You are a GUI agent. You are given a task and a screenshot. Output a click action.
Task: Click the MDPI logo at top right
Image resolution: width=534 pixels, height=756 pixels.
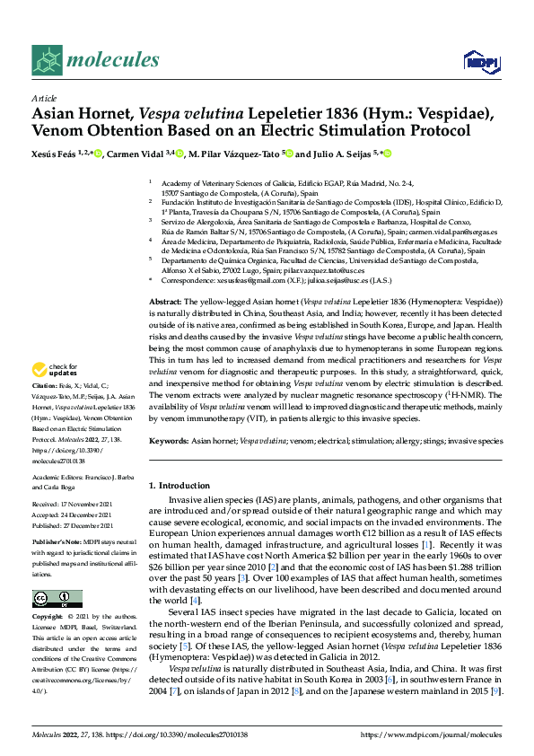click(x=477, y=61)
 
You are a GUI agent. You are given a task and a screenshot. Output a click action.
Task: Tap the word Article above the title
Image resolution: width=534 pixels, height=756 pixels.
click(x=44, y=97)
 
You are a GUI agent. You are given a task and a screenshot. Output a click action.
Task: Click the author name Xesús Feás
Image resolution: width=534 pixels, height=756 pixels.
click(x=56, y=154)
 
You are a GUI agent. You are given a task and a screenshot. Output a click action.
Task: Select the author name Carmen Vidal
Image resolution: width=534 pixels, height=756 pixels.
click(x=135, y=154)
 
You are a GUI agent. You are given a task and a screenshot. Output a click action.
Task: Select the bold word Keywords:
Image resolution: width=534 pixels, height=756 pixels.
click(x=168, y=441)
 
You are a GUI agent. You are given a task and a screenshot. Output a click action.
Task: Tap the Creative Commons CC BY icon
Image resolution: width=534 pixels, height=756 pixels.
click(x=57, y=598)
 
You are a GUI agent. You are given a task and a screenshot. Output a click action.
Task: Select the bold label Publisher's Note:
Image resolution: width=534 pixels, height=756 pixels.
click(x=57, y=543)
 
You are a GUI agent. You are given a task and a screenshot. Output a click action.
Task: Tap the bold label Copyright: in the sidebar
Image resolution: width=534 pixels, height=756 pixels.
click(x=49, y=618)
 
